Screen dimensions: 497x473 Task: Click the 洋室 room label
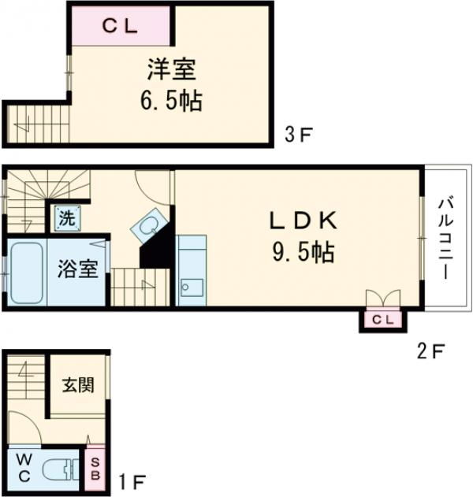tap(171, 70)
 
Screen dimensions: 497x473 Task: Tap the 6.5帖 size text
tap(171, 101)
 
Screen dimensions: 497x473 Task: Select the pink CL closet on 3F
tap(121, 25)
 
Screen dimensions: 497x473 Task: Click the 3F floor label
tap(299, 135)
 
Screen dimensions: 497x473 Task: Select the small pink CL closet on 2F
tap(382, 319)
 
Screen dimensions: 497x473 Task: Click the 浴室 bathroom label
tap(78, 269)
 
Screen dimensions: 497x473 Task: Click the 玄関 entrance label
tap(78, 385)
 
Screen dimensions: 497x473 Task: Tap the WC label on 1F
tap(21, 465)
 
